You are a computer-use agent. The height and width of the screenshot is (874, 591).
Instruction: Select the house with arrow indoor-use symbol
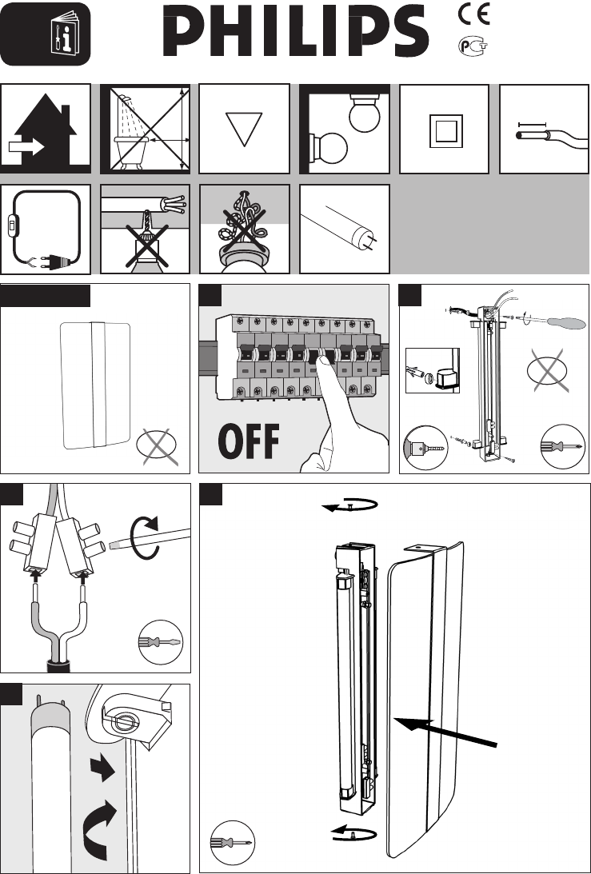click(x=46, y=128)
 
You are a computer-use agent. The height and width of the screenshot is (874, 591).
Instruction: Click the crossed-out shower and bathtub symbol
click(x=145, y=128)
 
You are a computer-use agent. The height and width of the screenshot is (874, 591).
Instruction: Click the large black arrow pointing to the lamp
click(x=447, y=735)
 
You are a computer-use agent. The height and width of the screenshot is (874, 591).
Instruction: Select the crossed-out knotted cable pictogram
click(x=244, y=220)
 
